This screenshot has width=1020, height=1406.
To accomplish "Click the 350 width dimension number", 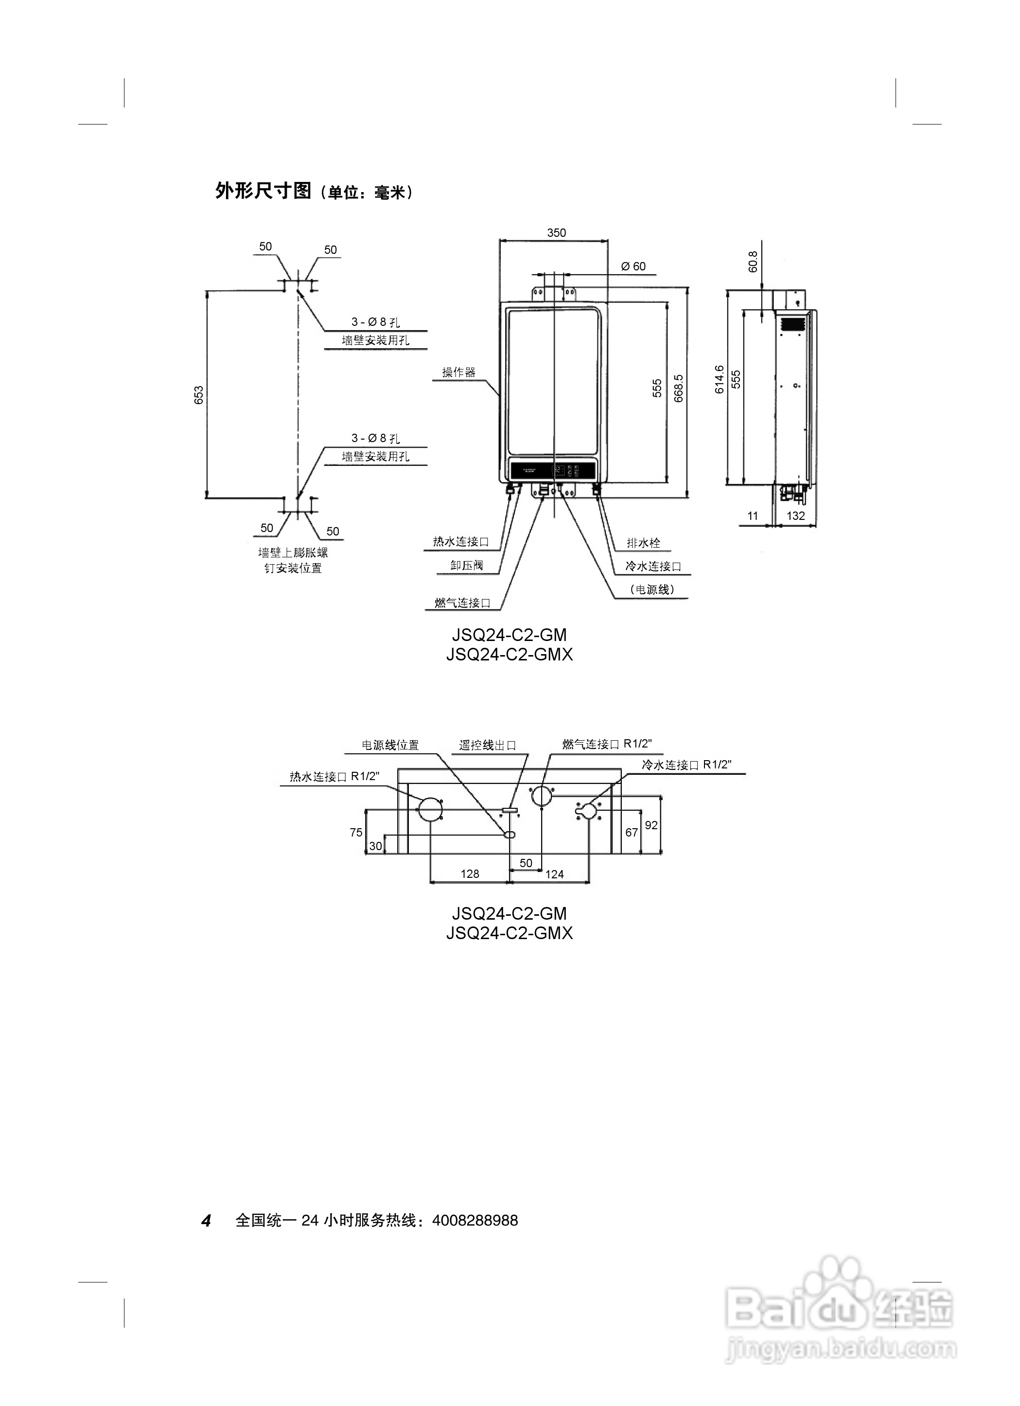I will pyautogui.click(x=556, y=232).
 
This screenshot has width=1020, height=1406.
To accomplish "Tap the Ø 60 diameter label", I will pyautogui.click(x=633, y=267).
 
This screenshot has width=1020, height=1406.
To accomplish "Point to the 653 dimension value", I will pyautogui.click(x=199, y=395).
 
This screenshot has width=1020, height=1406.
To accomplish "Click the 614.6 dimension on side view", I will pyautogui.click(x=720, y=379).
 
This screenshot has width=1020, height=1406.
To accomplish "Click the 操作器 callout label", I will pyautogui.click(x=458, y=372).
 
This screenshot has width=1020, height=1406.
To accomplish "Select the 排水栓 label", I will pyautogui.click(x=643, y=543).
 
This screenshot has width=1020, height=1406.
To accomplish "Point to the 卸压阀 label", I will pyautogui.click(x=466, y=566).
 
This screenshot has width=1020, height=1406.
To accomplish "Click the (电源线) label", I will pyautogui.click(x=652, y=589).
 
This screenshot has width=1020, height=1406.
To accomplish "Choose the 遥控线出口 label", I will pyautogui.click(x=488, y=745).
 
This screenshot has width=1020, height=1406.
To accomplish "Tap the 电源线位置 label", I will pyautogui.click(x=390, y=745).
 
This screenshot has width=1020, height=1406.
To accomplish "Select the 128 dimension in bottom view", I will pyautogui.click(x=470, y=874).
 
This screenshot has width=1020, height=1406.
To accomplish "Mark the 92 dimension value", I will pyautogui.click(x=651, y=825).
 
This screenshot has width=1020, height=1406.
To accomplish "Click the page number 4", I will pyautogui.click(x=206, y=1221).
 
